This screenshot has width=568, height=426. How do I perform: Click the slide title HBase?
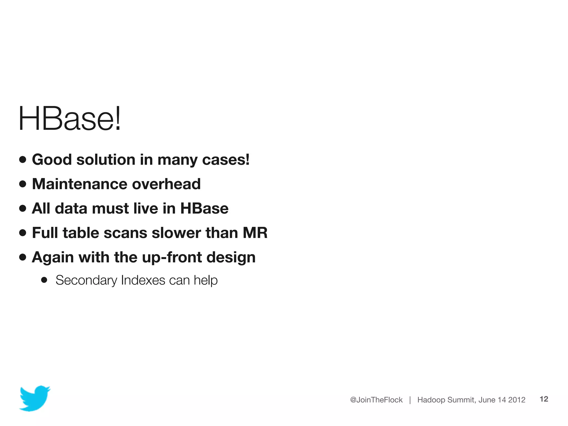(70, 119)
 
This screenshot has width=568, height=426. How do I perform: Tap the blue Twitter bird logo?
(35, 398)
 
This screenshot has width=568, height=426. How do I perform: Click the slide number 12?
(544, 399)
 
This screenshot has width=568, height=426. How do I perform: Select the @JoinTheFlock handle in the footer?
(376, 400)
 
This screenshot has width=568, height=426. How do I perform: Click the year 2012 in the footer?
(517, 400)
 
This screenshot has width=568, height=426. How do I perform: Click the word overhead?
(166, 184)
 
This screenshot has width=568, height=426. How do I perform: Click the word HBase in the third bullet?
(204, 208)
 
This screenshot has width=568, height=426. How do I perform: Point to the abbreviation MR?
(255, 233)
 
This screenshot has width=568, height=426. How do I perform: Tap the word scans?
(125, 233)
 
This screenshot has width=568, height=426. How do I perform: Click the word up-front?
(172, 257)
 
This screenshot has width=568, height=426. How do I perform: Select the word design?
(231, 257)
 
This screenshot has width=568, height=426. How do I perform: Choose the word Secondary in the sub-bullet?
(86, 280)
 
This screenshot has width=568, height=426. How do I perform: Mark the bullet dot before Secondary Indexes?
(44, 280)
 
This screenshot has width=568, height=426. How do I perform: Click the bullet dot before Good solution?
(23, 159)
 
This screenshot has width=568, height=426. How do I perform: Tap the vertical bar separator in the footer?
(410, 400)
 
